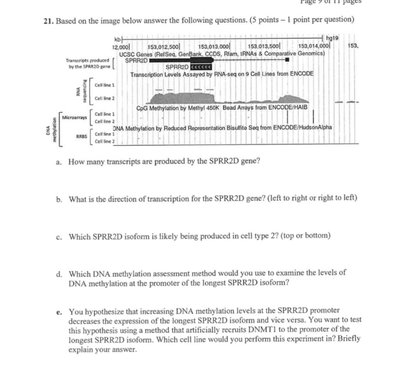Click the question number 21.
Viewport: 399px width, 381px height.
pos(48,20)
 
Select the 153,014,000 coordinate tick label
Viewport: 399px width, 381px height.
pos(314,47)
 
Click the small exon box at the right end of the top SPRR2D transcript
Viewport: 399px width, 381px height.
pos(287,60)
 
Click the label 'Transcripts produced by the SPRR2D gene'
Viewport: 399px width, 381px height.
pos(88,64)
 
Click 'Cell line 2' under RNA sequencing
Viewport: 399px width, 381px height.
pos(104,98)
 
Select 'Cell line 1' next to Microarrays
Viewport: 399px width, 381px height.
pos(104,114)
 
